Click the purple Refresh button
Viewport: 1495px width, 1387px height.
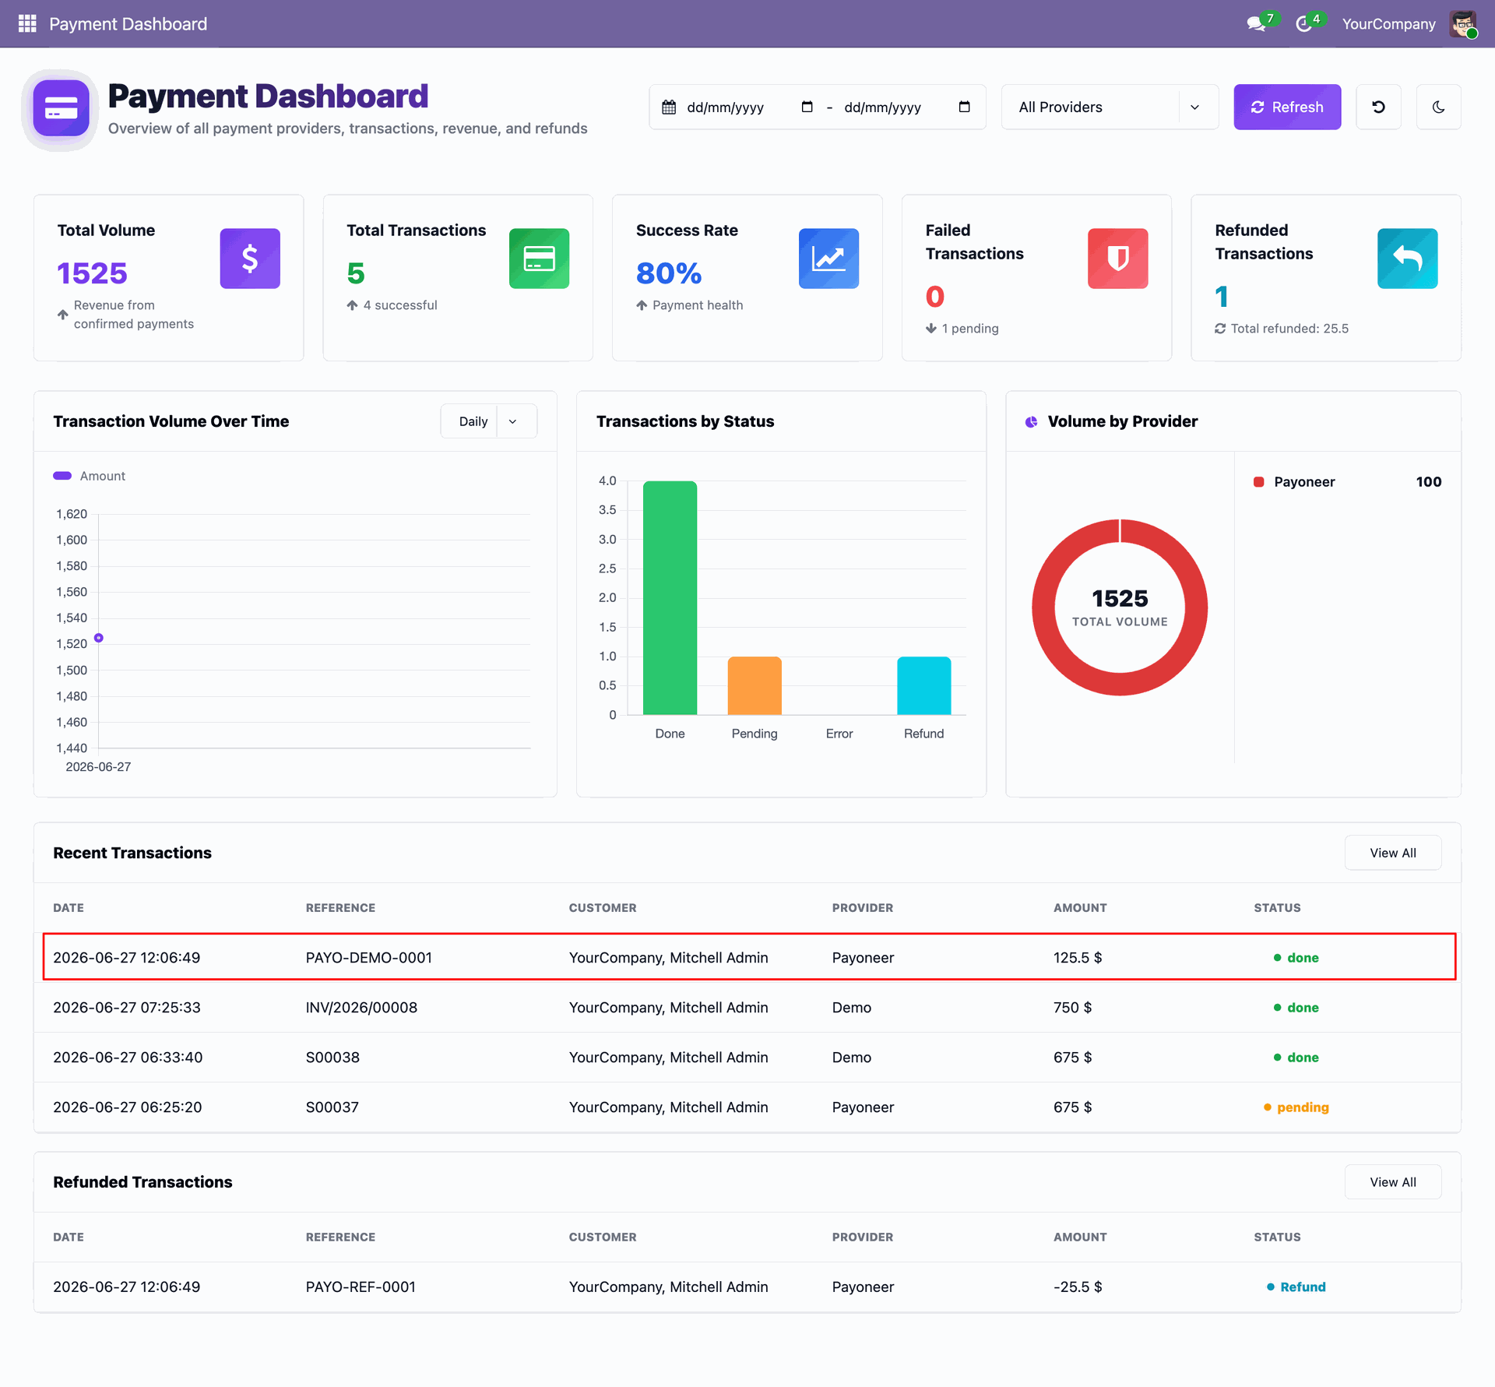(x=1287, y=107)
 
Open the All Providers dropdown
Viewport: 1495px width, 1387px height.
(x=1110, y=107)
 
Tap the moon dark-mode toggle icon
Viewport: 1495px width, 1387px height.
(x=1438, y=107)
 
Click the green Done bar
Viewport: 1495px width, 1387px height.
(x=670, y=597)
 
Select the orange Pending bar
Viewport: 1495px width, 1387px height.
(x=755, y=685)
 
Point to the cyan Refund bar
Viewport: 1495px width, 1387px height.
(x=924, y=685)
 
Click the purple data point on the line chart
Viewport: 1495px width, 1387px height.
(x=99, y=638)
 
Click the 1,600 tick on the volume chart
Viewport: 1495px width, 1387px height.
(x=72, y=540)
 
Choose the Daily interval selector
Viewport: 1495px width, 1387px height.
(x=489, y=421)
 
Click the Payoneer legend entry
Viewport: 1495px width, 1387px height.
(x=1294, y=482)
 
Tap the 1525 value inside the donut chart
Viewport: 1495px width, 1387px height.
(x=1120, y=598)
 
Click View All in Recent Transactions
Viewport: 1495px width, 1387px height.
(x=1393, y=853)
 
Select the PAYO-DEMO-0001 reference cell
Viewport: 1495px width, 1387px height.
(x=369, y=957)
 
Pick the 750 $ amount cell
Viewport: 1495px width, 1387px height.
(x=1073, y=1007)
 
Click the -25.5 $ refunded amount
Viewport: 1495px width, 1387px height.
(x=1078, y=1287)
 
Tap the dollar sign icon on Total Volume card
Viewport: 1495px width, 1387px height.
(x=250, y=259)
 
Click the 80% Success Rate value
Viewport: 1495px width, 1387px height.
(x=669, y=273)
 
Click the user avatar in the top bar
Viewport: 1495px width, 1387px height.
(x=1463, y=23)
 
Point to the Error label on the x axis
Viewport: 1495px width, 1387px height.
(x=839, y=734)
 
